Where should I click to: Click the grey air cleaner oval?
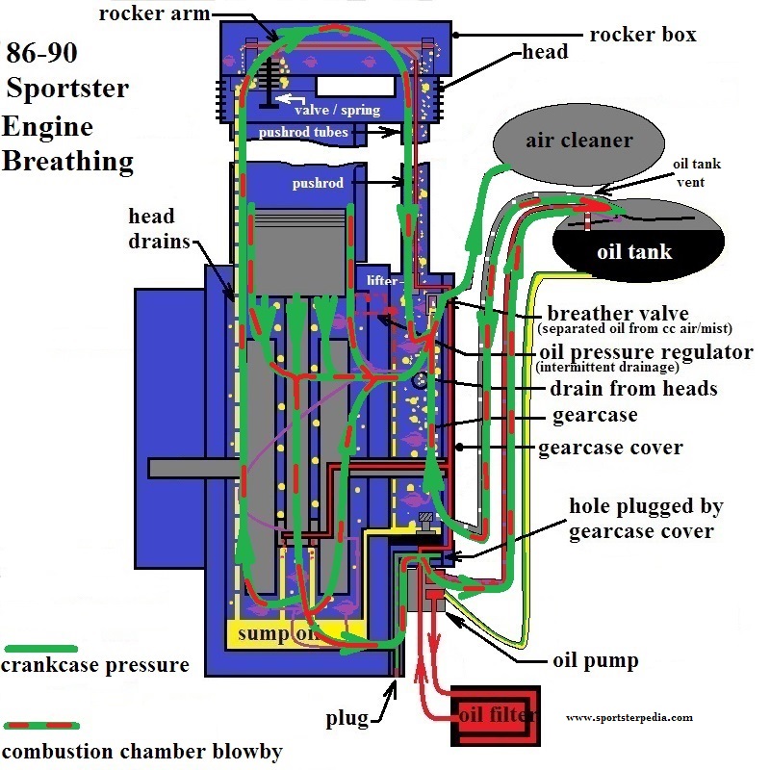tap(578, 141)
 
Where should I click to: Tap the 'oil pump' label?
tap(597, 661)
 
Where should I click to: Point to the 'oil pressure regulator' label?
tap(646, 351)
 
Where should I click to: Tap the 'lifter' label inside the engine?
tap(382, 280)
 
